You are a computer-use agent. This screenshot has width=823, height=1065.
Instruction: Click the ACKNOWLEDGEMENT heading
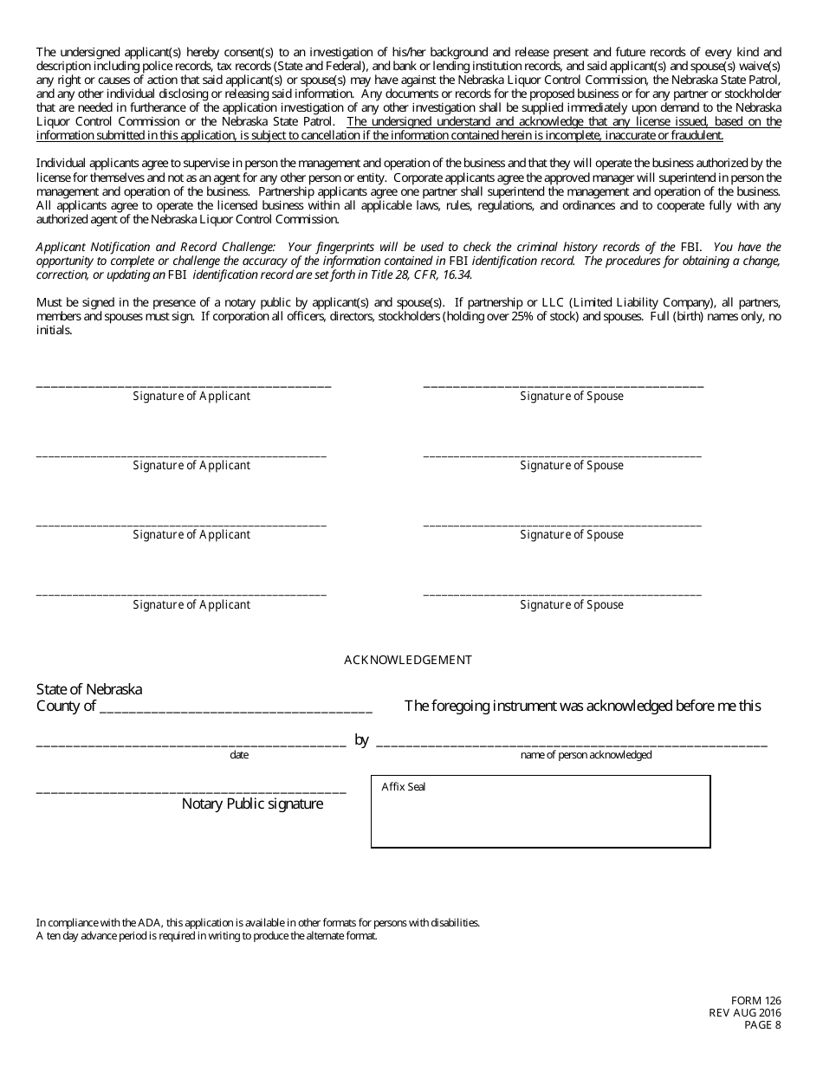[408, 661]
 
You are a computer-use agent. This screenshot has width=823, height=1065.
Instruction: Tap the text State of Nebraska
[89, 690]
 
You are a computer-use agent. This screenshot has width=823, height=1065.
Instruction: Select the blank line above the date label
[191, 743]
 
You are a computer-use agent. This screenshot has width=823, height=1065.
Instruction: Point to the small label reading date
[239, 756]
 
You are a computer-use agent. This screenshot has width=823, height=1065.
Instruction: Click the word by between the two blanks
[361, 740]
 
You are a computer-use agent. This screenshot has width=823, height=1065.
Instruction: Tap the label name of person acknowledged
[586, 756]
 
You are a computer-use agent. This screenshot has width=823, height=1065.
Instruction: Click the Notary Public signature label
[252, 804]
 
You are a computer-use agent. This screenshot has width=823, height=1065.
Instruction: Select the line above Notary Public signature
[191, 791]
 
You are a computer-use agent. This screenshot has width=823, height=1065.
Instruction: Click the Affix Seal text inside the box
[404, 787]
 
